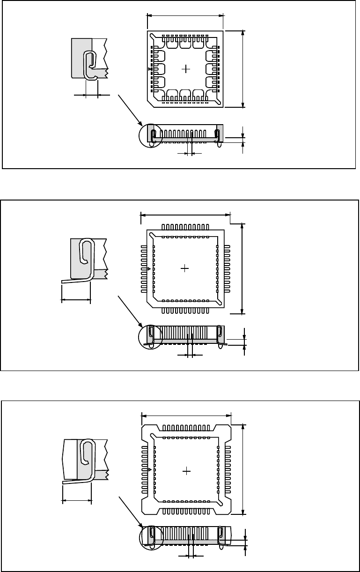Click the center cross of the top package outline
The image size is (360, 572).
(x=186, y=69)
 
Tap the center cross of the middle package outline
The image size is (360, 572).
(x=185, y=268)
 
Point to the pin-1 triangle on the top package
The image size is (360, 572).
(x=149, y=69)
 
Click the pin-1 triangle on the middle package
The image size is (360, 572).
(x=149, y=269)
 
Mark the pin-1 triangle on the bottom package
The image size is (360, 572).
(x=149, y=469)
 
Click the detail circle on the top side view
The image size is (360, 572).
(x=151, y=135)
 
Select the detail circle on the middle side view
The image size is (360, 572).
(x=151, y=336)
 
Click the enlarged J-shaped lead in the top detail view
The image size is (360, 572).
(x=90, y=64)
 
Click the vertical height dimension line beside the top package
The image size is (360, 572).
(x=243, y=69)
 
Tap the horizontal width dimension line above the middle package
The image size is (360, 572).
(x=186, y=215)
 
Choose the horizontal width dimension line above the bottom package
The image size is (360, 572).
(x=186, y=415)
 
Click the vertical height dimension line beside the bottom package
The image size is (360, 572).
(x=243, y=469)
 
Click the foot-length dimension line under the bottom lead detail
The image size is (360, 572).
(x=77, y=500)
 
